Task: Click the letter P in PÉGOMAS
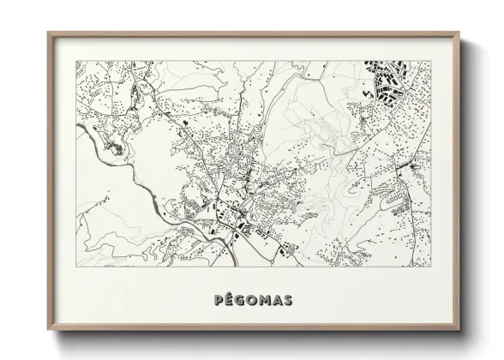click(213, 300)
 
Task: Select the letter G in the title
click(237, 300)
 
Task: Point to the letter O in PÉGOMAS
click(250, 300)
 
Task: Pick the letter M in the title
click(265, 300)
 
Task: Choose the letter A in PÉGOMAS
click(279, 300)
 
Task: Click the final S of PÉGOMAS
click(291, 300)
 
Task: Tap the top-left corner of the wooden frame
click(47, 33)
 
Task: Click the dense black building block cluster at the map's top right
click(386, 80)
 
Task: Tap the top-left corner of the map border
click(76, 60)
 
